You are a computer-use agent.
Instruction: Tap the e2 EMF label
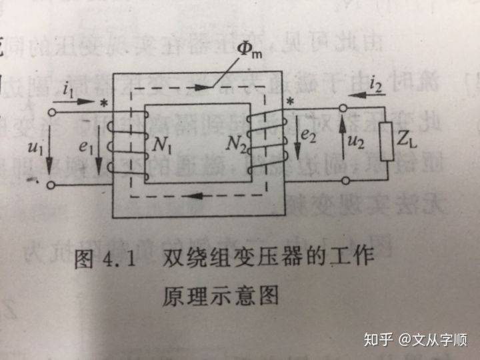pos(308,136)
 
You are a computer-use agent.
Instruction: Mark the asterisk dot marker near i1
pos(103,105)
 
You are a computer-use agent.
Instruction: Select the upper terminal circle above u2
pos(345,109)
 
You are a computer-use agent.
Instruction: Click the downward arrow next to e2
pos(296,141)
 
